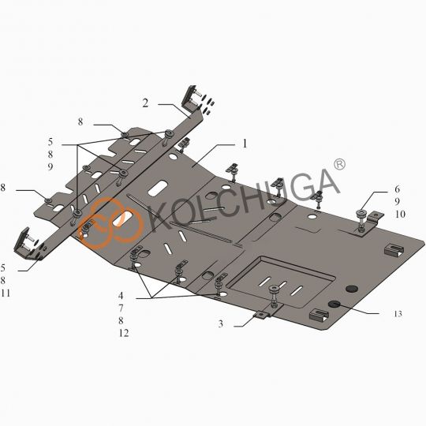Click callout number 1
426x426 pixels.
coord(245,144)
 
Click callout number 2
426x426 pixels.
coord(146,103)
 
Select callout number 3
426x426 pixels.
coord(221,323)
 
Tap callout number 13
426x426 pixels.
coord(398,314)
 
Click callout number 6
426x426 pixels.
coord(397,189)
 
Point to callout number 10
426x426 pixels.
coord(400,214)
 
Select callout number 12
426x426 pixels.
coord(124,333)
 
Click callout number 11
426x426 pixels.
coord(6,293)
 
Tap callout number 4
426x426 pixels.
coord(121,295)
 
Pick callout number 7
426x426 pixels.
coord(121,308)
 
